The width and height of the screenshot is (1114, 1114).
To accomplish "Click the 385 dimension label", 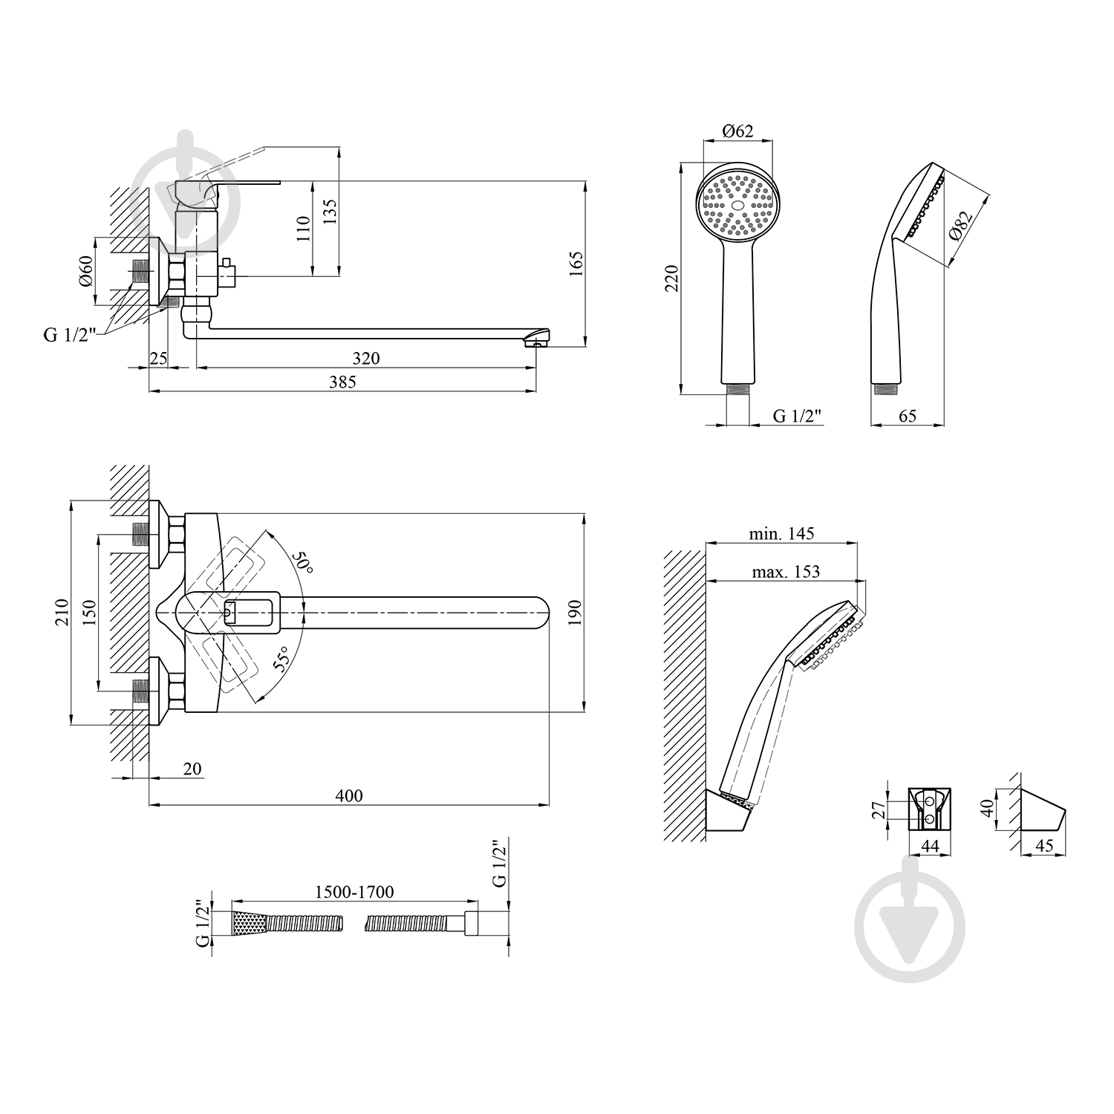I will tap(342, 382).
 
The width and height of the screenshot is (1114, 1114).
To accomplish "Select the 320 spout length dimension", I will tap(365, 359).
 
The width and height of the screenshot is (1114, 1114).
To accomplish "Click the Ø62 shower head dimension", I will tap(737, 131).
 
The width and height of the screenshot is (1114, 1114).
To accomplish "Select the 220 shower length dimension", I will tap(673, 278).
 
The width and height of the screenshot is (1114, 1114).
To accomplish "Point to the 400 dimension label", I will tap(349, 795).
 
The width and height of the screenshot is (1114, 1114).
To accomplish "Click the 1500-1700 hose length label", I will tap(354, 891).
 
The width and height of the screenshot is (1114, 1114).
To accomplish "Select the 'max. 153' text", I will tap(785, 571).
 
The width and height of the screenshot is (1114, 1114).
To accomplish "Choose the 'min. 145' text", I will tap(781, 533).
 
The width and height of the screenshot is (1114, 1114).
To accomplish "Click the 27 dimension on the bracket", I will tap(878, 809).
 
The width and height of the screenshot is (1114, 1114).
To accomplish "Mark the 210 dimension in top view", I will tap(61, 612).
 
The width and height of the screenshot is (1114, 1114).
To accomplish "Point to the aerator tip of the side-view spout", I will tap(536, 342).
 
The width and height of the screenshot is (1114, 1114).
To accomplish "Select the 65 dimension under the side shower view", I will tap(907, 416).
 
